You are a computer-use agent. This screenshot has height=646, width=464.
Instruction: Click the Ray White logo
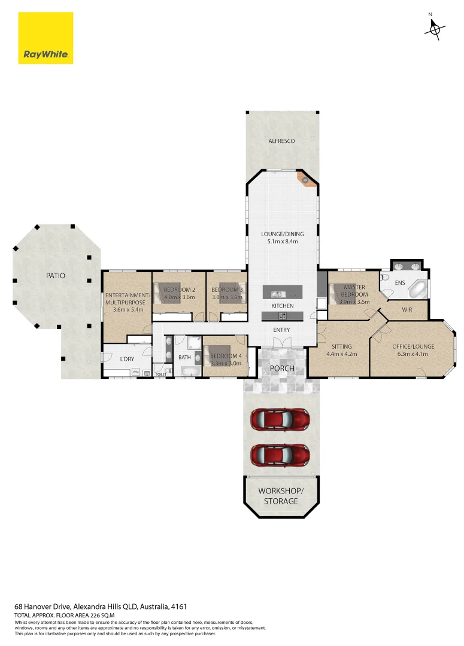[x=46, y=38]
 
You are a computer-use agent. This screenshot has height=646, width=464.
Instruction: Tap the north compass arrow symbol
[x=435, y=28]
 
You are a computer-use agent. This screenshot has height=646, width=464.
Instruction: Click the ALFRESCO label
[x=281, y=141]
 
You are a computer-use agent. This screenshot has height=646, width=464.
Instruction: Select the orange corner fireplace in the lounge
[x=307, y=179]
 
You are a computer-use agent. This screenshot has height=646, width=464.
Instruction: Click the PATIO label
[x=55, y=276]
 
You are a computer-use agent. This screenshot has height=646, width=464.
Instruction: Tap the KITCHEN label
[x=283, y=306]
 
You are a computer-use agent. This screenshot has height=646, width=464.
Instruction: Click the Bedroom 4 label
[x=225, y=356]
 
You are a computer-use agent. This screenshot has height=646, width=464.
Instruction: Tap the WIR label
[x=408, y=310]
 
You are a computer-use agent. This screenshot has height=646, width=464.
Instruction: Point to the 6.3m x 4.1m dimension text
[x=413, y=355]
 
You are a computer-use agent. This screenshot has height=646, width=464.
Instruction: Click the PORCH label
[x=282, y=368]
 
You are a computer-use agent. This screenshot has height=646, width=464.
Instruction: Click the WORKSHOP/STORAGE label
[x=281, y=496]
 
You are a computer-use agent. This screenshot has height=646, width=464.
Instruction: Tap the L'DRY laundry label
[x=126, y=359]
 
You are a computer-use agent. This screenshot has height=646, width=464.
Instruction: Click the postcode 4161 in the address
[x=187, y=606]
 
